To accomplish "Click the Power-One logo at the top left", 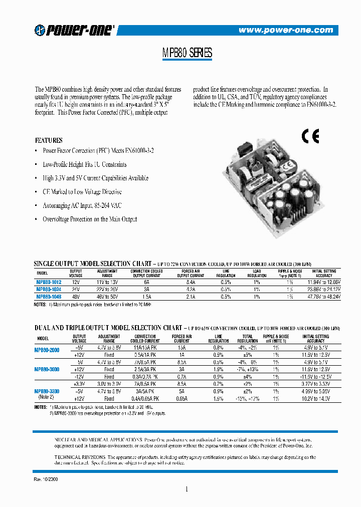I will pyautogui.click(x=75, y=31).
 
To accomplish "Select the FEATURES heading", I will pyautogui.click(x=49, y=140).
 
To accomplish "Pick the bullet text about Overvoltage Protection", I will pyautogui.click(x=90, y=219).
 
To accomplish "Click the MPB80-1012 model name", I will pyautogui.click(x=49, y=282).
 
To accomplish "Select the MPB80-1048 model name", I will pyautogui.click(x=49, y=297).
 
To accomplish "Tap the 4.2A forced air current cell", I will pyautogui.click(x=190, y=290).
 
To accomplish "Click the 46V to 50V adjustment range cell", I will pyautogui.click(x=107, y=297).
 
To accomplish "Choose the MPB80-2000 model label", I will pyautogui.click(x=47, y=350).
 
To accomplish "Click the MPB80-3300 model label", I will pyautogui.click(x=47, y=391).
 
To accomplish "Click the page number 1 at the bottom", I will pyautogui.click(x=186, y=489).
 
